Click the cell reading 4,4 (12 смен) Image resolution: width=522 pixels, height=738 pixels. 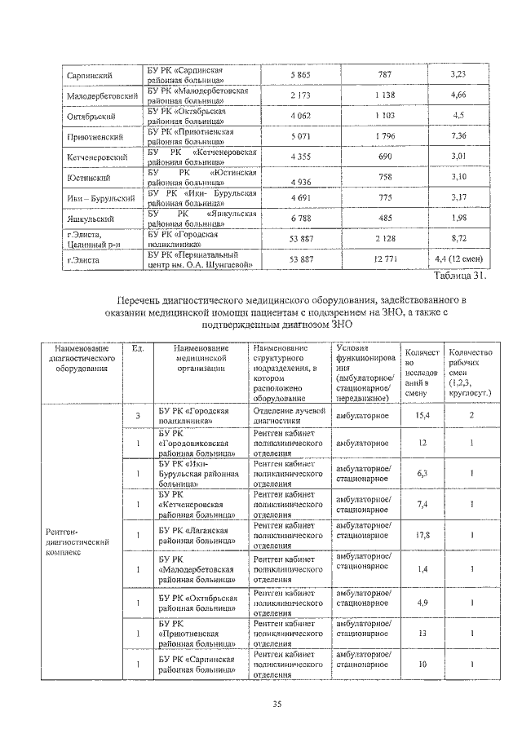pos(459,260)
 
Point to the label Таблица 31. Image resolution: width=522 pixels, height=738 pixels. pos(461,276)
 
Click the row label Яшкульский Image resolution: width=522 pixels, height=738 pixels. pos(90,219)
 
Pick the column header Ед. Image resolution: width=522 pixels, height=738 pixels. pos(138,349)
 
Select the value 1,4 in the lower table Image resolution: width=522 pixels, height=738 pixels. pos(422,568)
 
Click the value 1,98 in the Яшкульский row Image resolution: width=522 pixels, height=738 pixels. pos(458,219)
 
